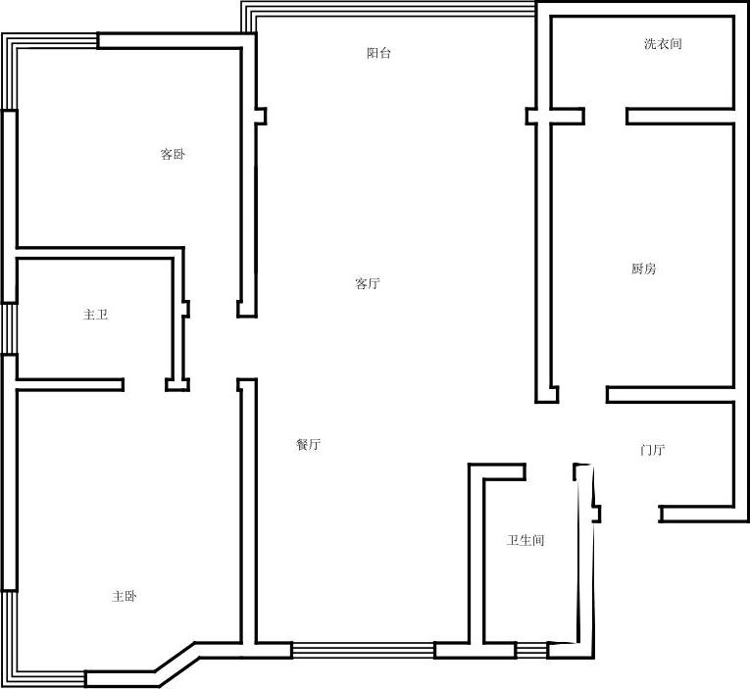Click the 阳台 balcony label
(378, 53)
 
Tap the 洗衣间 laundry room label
(663, 44)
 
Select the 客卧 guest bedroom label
(173, 154)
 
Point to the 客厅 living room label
(368, 283)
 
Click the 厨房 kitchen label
(643, 269)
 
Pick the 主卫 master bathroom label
(96, 315)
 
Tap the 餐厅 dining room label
(309, 444)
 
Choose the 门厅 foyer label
(652, 450)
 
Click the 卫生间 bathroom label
(525, 540)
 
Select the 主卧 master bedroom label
(125, 596)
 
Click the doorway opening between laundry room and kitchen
(605, 117)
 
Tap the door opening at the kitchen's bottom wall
(582, 394)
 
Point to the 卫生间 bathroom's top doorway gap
(550, 471)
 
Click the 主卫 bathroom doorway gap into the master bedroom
(144, 385)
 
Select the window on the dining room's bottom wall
(363, 650)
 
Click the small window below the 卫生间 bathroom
(531, 650)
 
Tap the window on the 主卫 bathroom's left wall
(10, 328)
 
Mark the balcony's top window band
(388, 10)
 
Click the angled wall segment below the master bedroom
(175, 658)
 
